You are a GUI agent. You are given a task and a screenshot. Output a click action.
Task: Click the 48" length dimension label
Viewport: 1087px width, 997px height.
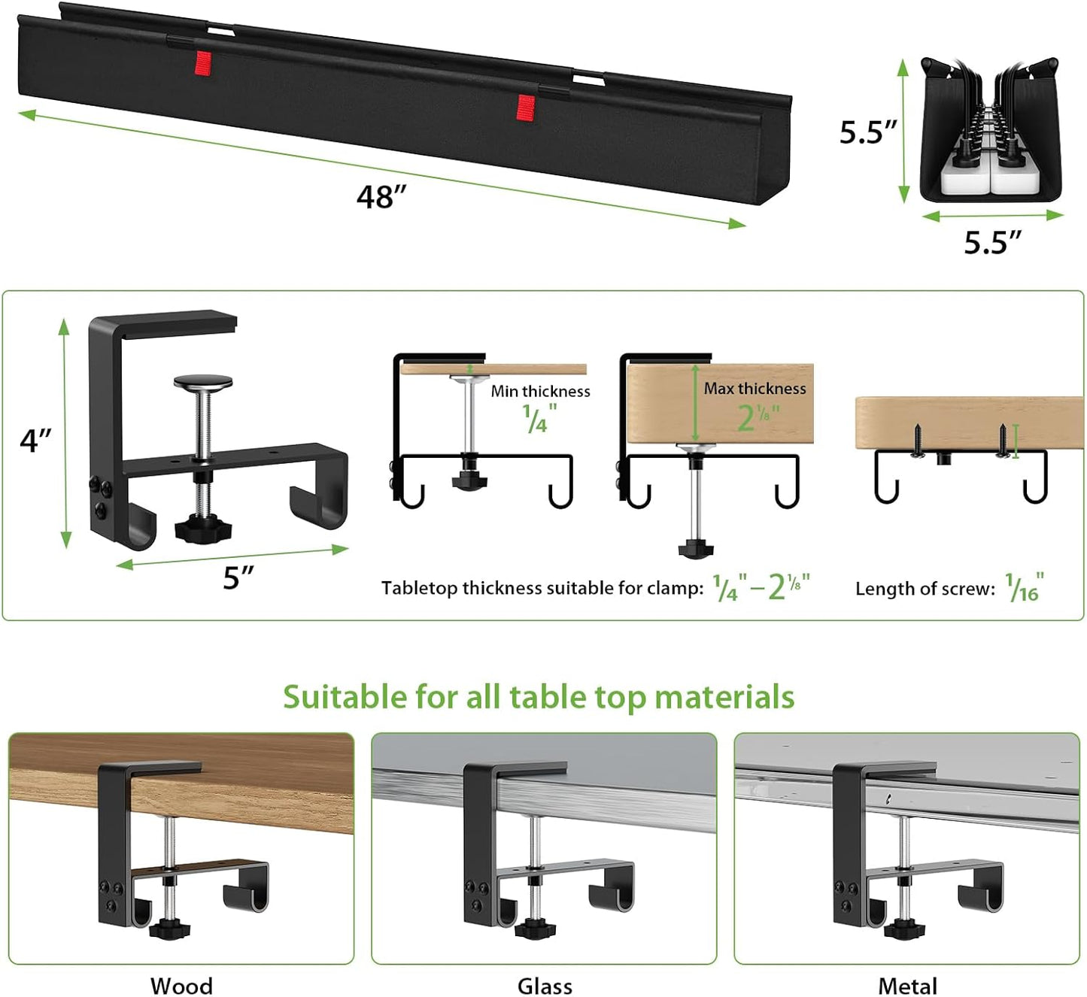pos(381,197)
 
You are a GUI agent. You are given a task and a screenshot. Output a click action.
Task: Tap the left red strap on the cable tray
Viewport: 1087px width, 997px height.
pos(202,63)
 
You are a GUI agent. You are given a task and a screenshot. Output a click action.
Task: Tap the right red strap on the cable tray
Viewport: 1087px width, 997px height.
pos(526,107)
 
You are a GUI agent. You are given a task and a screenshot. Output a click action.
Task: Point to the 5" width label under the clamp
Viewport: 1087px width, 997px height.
pos(238,577)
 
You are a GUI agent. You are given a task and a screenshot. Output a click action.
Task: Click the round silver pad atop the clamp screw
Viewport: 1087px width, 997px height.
pos(202,383)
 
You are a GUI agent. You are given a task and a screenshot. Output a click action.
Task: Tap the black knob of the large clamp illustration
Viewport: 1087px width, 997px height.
pos(203,529)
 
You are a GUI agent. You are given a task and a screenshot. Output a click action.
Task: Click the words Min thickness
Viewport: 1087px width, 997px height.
pos(540,391)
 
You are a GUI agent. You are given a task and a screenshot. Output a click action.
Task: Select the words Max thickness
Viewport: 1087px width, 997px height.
pos(755,388)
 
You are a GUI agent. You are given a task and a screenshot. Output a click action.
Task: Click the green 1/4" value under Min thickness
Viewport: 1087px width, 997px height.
pos(539,419)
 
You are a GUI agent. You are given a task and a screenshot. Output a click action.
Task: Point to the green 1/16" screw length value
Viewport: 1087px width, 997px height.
pos(1024,587)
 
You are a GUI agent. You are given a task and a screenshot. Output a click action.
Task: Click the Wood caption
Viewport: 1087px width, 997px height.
pos(181,985)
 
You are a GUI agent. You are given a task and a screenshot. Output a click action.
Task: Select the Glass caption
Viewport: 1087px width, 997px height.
pos(545,985)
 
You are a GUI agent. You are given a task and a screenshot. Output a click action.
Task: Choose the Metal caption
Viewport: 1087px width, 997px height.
pos(907,985)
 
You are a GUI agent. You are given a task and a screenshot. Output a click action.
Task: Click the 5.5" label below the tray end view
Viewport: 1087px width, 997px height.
pos(992,243)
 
